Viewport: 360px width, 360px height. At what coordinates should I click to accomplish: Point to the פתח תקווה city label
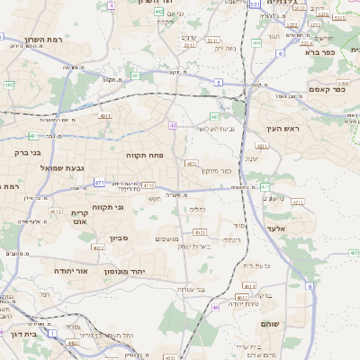pyautogui.click(x=144, y=156)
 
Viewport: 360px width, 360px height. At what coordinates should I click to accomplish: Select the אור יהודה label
pyautogui.click(x=69, y=270)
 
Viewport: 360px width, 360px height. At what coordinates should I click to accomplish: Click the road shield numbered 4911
pyautogui.click(x=104, y=116)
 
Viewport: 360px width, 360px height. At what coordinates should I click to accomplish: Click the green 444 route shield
pyautogui.click(x=256, y=41)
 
